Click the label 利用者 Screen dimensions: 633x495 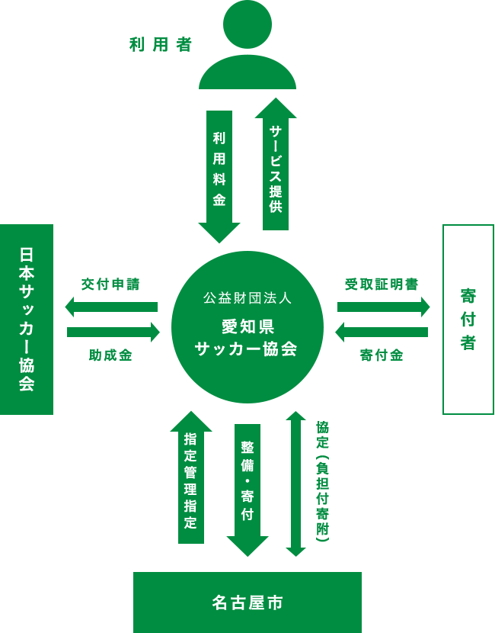pos(161,45)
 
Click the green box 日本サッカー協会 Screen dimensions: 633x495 pos(27,319)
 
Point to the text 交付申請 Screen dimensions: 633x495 pos(110,284)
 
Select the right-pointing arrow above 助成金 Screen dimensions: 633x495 pos(113,332)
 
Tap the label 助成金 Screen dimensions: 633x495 pos(110,355)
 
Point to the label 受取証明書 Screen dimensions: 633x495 pos(382,284)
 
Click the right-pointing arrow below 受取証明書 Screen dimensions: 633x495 pos(383,307)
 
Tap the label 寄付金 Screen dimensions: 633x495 pos(382,355)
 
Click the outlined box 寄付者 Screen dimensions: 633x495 pos(468,319)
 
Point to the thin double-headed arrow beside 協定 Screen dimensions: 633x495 pos(295,484)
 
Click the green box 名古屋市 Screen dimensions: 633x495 pos(247,602)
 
